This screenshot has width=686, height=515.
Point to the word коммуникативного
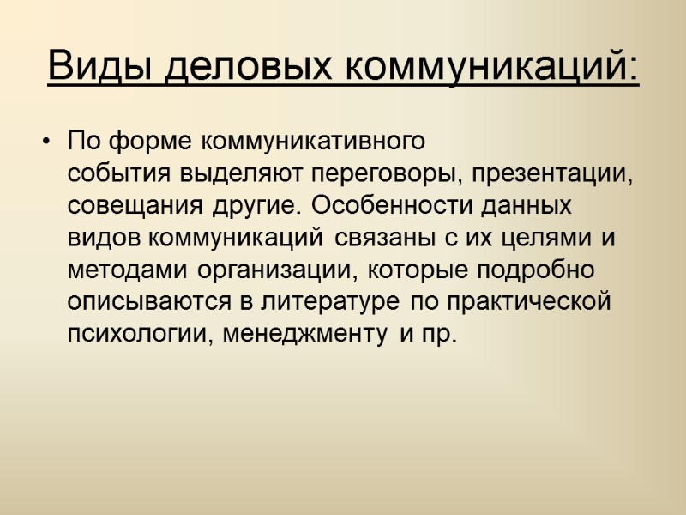(314, 139)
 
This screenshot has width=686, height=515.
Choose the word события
(121, 174)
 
